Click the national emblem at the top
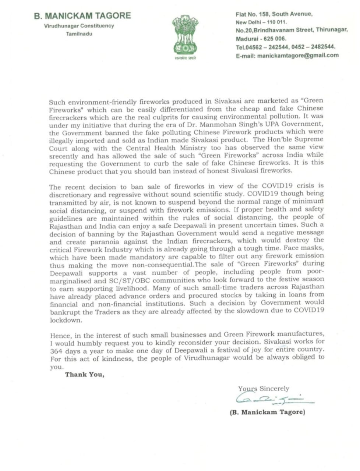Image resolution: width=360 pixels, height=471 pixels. pyautogui.click(x=186, y=36)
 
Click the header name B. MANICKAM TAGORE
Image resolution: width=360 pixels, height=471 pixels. pyautogui.click(x=82, y=15)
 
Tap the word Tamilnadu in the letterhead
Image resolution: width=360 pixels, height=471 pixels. pyautogui.click(x=79, y=34)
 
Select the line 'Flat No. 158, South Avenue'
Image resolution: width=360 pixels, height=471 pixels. pyautogui.click(x=274, y=14)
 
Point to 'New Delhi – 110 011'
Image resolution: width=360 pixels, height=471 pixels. pyautogui.click(x=261, y=22)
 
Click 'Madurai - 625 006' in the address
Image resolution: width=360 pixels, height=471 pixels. pyautogui.click(x=261, y=39)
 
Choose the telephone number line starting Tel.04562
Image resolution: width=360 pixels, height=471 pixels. pyautogui.click(x=286, y=47)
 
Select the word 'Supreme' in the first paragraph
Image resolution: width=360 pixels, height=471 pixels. pyautogui.click(x=309, y=139)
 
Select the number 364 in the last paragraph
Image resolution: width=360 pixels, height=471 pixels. pyautogui.click(x=56, y=351)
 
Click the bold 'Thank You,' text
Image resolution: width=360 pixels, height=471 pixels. pyautogui.click(x=85, y=375)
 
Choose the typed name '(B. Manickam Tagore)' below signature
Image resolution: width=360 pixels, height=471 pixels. pyautogui.click(x=267, y=412)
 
